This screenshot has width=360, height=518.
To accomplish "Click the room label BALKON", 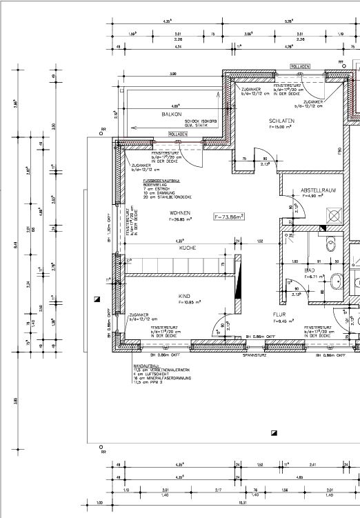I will tap(172, 114).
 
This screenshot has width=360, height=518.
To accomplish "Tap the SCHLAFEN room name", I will tap(281, 121).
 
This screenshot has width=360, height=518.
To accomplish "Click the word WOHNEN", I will tap(179, 213).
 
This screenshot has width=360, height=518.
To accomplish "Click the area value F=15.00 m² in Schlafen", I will tap(281, 127).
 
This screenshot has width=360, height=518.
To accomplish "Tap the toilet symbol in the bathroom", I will tap(332, 243).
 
